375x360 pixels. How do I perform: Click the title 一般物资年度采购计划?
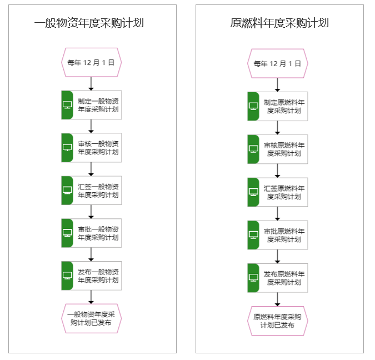pos(89,23)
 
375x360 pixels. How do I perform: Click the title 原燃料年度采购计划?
pos(279,23)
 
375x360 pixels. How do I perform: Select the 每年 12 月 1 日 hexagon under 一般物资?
pos(91,62)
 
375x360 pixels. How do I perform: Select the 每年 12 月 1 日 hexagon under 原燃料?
pos(277,64)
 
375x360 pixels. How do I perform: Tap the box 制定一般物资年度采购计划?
pos(91,105)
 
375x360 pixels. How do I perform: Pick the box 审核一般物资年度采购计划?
pos(91,148)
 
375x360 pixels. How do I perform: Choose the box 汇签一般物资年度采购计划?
pos(91,191)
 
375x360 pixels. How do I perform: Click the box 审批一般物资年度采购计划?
pos(91,233)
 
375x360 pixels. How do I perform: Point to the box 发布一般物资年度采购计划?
pos(91,276)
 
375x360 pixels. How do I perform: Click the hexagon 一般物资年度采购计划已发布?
pos(91,318)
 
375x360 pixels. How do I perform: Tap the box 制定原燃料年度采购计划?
pos(277,106)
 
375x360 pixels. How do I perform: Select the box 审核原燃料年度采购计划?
pos(277,149)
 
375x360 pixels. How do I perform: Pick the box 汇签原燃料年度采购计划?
pos(277,192)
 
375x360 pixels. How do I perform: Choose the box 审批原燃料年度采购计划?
pos(277,235)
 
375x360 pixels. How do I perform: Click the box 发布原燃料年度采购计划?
pos(277,278)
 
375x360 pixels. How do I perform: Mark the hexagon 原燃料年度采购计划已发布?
pos(277,321)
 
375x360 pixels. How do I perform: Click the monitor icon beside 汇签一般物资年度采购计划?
pos(67,191)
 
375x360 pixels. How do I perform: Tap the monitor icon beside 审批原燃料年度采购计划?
pos(253,235)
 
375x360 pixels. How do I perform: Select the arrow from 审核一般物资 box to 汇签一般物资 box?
pos(91,169)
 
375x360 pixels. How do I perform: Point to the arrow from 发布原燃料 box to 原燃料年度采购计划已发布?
pos(277,299)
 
